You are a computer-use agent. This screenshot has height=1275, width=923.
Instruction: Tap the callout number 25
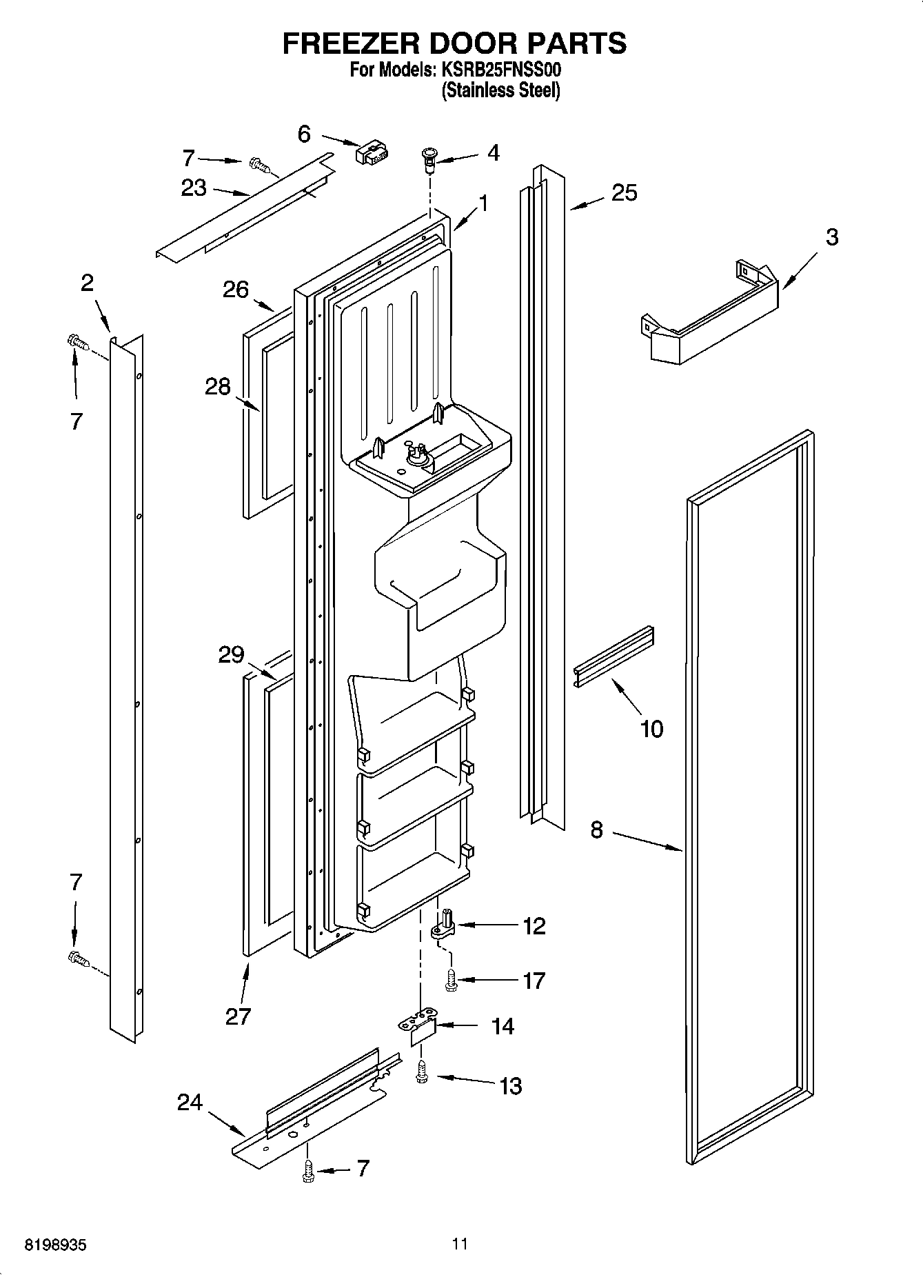tap(624, 193)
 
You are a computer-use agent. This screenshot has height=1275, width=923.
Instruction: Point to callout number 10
tap(651, 728)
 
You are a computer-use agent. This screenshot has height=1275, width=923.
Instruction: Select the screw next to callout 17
tap(452, 980)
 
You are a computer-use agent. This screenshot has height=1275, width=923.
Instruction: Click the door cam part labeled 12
tap(443, 924)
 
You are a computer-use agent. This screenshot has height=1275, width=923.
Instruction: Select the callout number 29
tap(231, 654)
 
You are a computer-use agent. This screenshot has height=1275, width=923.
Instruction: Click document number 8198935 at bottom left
tap(56, 1245)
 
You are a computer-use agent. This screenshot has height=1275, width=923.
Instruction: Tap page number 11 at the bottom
tap(460, 1244)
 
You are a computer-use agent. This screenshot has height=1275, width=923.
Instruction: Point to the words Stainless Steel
tap(500, 90)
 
